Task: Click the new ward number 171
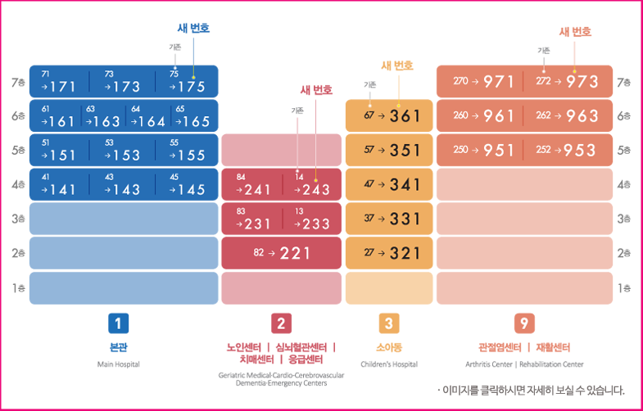pyautogui.click(x=62, y=86)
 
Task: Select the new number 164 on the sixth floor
pyautogui.click(x=151, y=121)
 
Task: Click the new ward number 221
pyautogui.click(x=296, y=253)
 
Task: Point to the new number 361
pyautogui.click(x=405, y=116)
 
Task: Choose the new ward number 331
pyautogui.click(x=405, y=219)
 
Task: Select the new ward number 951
pyautogui.click(x=499, y=151)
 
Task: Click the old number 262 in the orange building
pyautogui.click(x=544, y=115)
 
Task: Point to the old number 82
pyautogui.click(x=259, y=253)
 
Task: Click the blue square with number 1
pyautogui.click(x=119, y=323)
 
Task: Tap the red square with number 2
pyautogui.click(x=281, y=323)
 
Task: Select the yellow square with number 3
pyautogui.click(x=389, y=323)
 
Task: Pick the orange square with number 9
pyautogui.click(x=524, y=323)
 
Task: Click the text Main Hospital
pyautogui.click(x=119, y=364)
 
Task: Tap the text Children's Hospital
pyautogui.click(x=389, y=364)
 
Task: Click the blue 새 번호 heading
pyautogui.click(x=193, y=28)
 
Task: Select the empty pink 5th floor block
pyautogui.click(x=281, y=150)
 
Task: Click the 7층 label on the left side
pyautogui.click(x=18, y=83)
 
